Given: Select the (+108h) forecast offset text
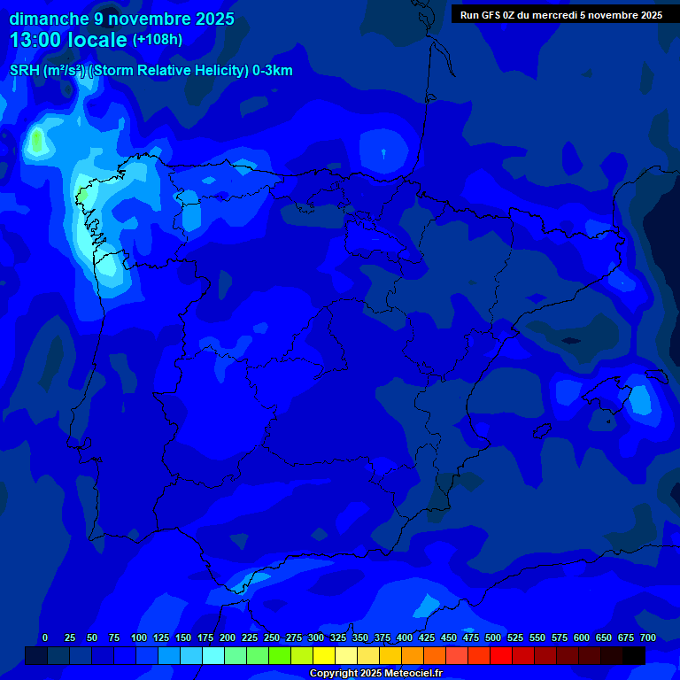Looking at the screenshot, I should coord(158,40).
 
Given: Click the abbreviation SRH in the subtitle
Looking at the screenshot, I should coord(24,71).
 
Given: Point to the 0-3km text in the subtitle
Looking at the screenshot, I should coord(272,71).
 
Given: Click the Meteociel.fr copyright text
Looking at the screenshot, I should coord(375,674).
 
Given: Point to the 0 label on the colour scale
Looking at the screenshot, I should coord(45,637).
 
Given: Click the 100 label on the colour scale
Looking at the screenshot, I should coord(139,637).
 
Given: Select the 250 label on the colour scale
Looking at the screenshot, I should coord(272,637).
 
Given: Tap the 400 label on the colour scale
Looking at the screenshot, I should coord(405,637).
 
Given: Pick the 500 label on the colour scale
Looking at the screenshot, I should coord(493,637).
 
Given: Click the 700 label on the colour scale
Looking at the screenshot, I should coord(648,637).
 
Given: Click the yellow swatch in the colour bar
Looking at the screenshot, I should coord(324,655).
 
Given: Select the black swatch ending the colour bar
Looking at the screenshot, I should coord(634,655).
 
